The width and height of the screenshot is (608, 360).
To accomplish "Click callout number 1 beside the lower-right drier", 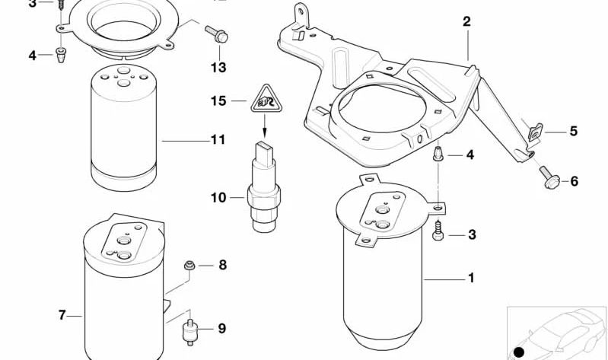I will [471, 279].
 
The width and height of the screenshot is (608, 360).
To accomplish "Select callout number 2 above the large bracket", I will [466, 22].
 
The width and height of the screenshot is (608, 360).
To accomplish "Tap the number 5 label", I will [573, 132].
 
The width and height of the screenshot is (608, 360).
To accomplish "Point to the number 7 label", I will [62, 315].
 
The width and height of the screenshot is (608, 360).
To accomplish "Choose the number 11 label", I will [218, 140].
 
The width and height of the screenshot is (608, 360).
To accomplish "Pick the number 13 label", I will [218, 68].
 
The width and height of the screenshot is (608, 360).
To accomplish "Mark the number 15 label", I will [218, 100].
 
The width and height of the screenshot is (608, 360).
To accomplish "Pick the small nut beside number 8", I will [189, 266].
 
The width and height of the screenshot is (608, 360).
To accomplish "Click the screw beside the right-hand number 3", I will [439, 231].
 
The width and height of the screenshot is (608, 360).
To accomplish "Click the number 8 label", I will [222, 266].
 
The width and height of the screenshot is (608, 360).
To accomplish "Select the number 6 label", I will [574, 181].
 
